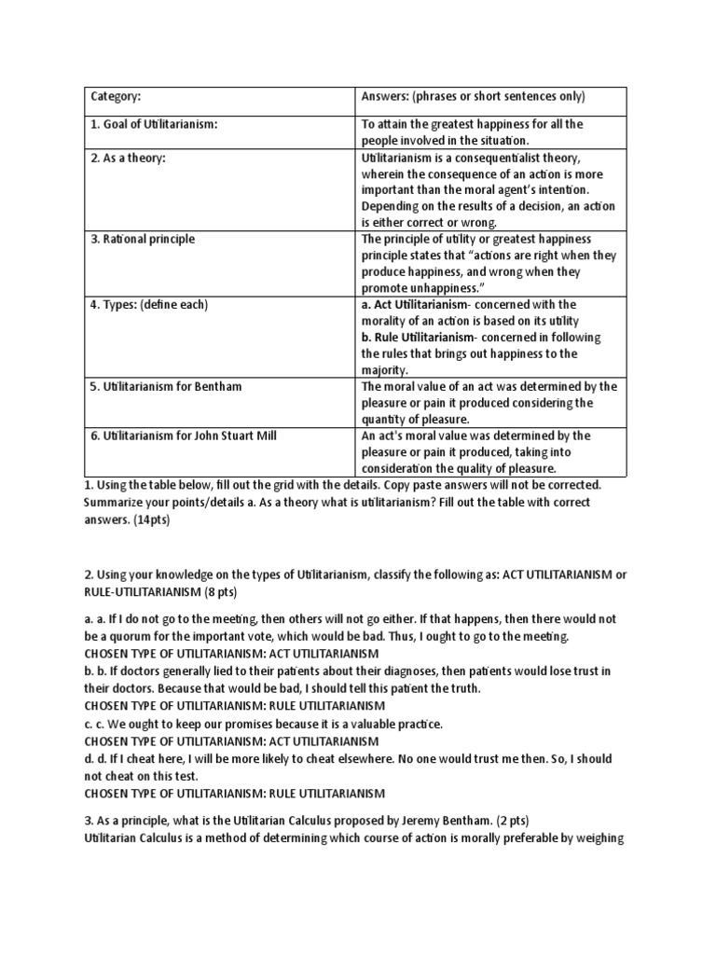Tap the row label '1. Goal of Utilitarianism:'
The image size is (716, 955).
(x=154, y=124)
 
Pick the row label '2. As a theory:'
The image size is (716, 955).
(x=128, y=157)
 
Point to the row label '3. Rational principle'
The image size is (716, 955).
(x=143, y=239)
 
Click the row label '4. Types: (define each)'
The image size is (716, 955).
(x=149, y=304)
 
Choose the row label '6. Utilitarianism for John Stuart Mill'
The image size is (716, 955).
(x=183, y=436)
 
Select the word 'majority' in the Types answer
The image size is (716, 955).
(x=384, y=370)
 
